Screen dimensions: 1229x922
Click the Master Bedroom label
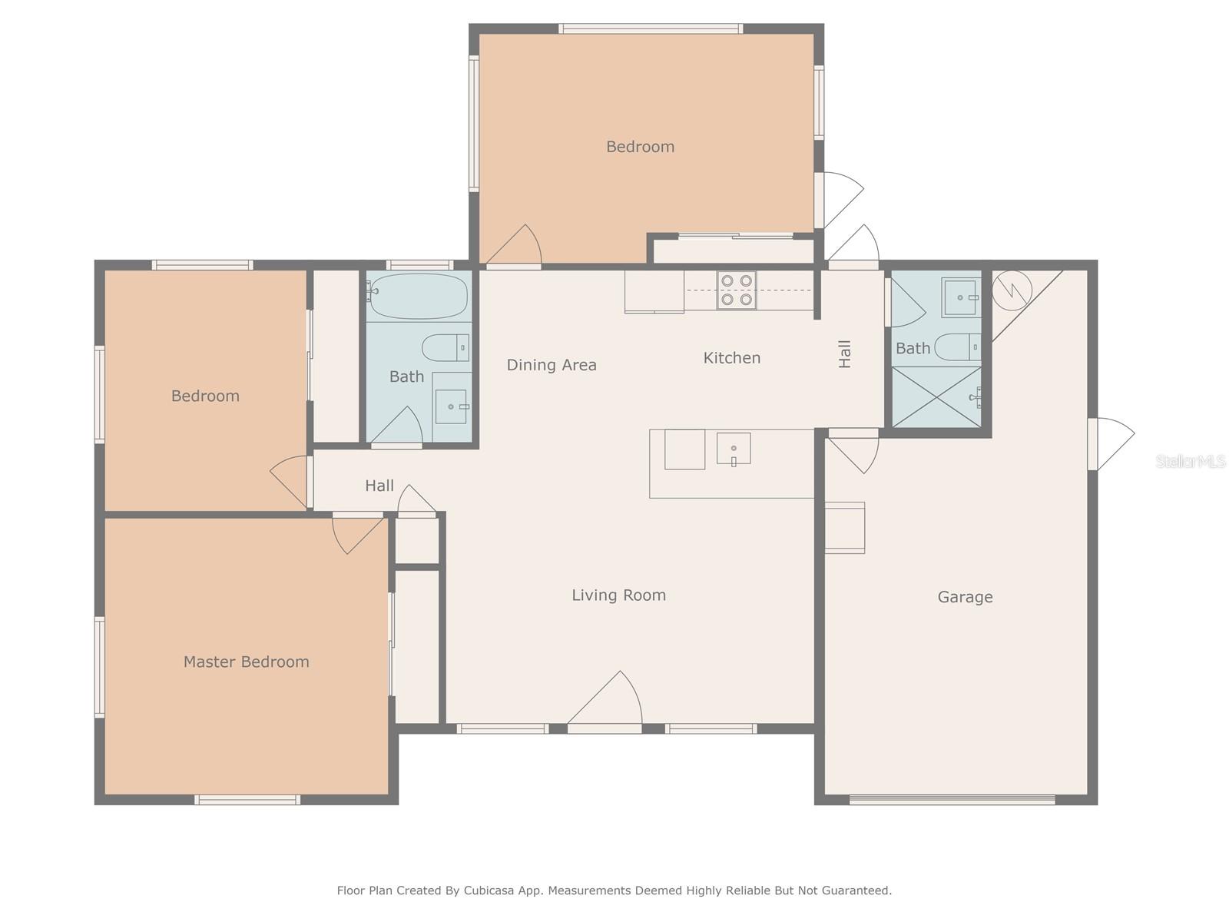tap(247, 662)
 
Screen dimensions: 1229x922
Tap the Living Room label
tap(618, 595)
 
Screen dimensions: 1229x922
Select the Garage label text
tap(966, 597)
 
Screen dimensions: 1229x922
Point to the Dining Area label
tap(552, 365)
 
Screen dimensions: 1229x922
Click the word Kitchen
tap(732, 358)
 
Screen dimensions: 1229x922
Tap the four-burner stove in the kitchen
tap(737, 290)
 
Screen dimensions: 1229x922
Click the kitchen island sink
tap(734, 449)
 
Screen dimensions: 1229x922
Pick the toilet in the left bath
tap(445, 347)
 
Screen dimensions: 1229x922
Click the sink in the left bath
tap(452, 406)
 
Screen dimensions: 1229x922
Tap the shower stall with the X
tap(936, 397)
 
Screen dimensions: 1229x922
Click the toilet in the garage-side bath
tap(958, 347)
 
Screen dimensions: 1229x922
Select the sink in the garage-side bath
tap(961, 297)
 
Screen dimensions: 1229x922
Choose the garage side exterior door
tap(1111, 444)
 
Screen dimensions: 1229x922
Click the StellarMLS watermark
tap(1191, 461)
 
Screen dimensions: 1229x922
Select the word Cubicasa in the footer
tap(489, 890)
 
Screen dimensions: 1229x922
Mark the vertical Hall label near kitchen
tap(845, 353)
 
